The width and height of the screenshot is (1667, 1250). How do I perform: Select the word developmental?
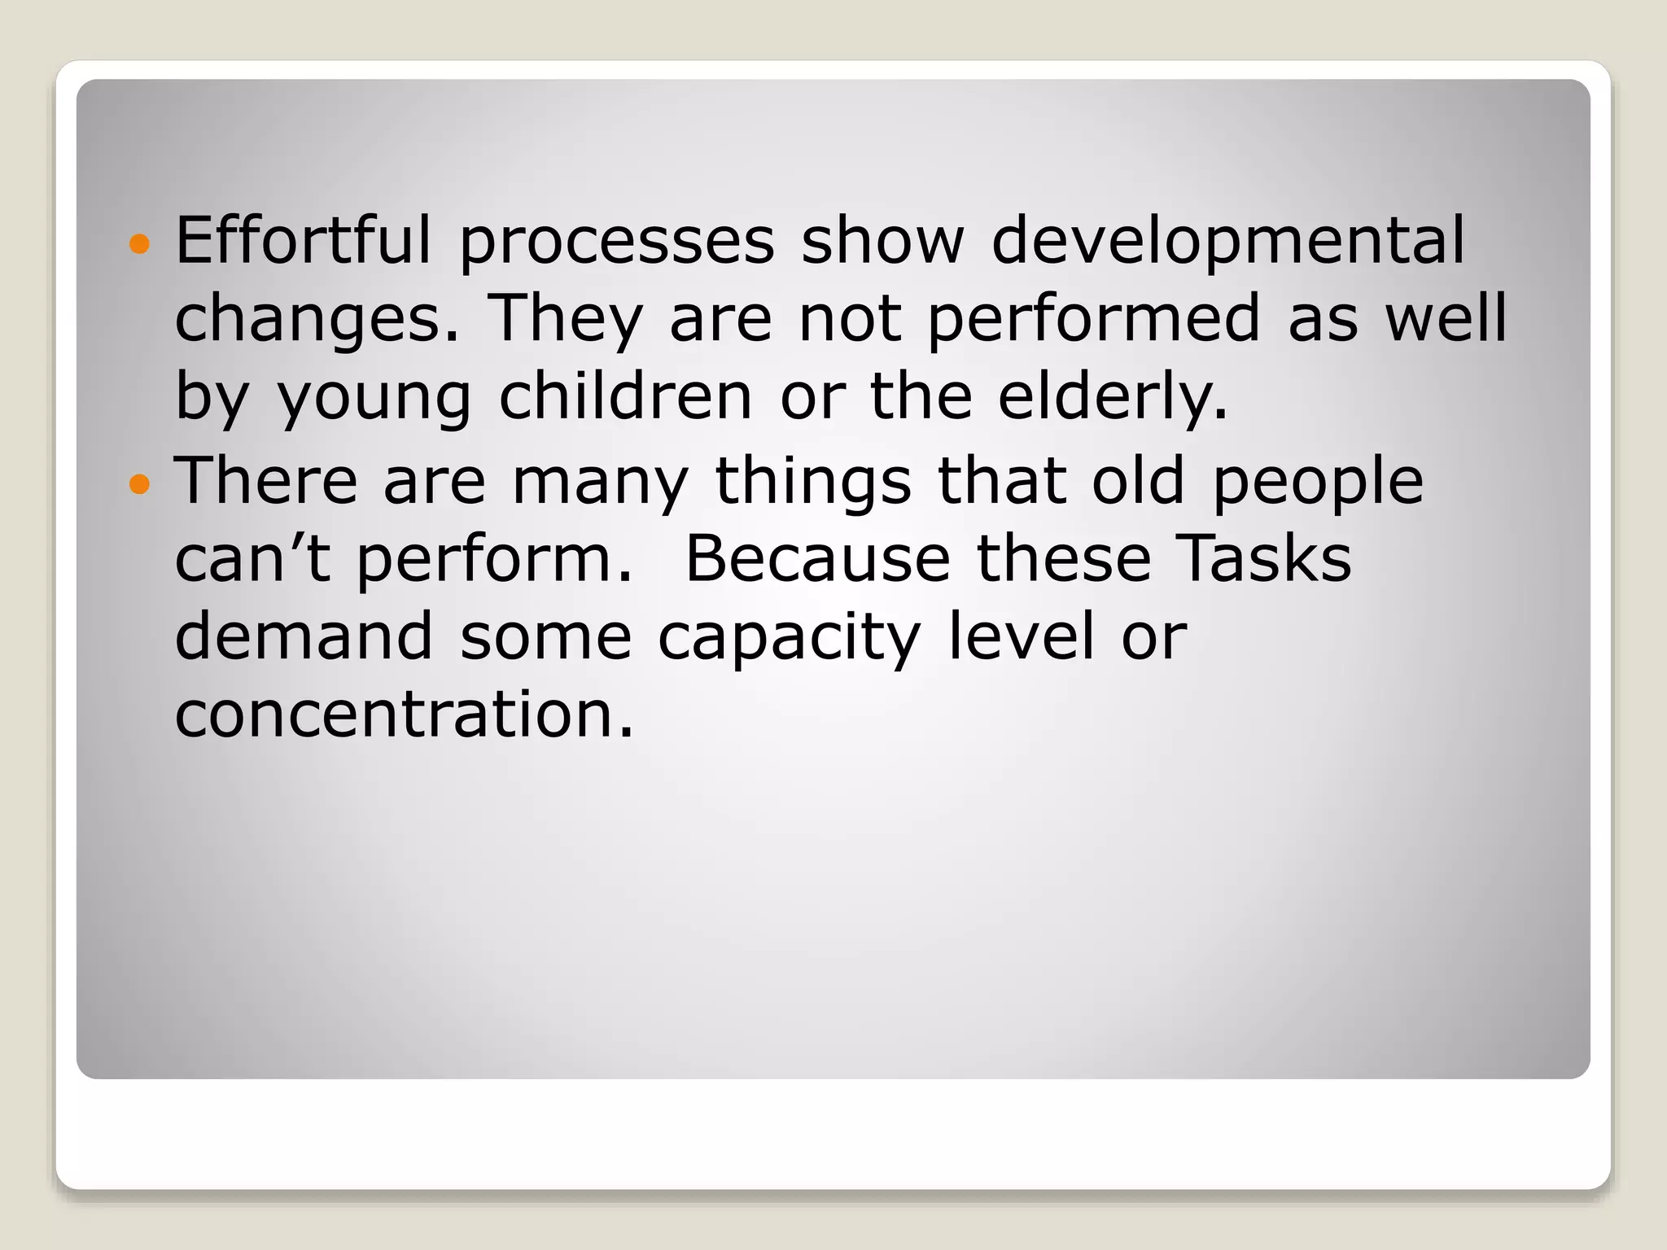click(x=1228, y=241)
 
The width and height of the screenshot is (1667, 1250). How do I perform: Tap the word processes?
click(x=617, y=243)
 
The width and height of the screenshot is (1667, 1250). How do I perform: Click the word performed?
click(x=1094, y=320)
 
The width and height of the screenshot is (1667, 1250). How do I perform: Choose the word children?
click(x=625, y=397)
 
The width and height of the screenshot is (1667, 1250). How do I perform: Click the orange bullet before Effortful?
click(x=140, y=243)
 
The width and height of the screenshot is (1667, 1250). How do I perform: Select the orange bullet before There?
click(x=140, y=484)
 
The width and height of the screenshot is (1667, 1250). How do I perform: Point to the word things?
click(x=813, y=482)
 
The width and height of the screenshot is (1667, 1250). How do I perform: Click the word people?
click(x=1318, y=482)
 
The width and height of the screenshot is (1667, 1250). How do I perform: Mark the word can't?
click(x=252, y=559)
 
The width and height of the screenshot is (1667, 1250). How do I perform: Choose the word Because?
click(x=817, y=559)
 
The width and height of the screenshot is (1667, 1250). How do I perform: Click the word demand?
click(x=304, y=636)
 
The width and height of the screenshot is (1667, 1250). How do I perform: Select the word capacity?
click(x=789, y=638)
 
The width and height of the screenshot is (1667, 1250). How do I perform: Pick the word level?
click(x=1021, y=636)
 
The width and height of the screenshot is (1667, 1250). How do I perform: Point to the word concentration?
click(x=404, y=715)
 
